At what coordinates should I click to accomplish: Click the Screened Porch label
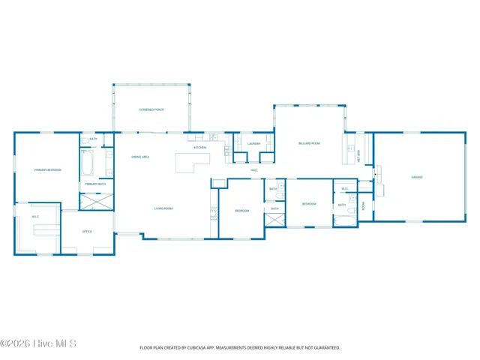(x=151, y=109)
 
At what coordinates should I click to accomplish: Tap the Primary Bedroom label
(x=47, y=170)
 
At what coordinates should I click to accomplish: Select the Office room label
(x=87, y=232)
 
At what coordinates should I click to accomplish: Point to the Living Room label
(x=163, y=208)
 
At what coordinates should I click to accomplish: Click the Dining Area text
(x=140, y=157)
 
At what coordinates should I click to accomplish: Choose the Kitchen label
(x=200, y=148)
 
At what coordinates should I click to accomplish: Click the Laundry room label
(x=253, y=143)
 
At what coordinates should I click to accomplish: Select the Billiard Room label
(x=309, y=142)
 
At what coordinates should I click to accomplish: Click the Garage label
(x=416, y=177)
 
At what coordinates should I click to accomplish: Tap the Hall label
(x=254, y=170)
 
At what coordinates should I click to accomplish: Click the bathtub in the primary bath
(x=87, y=162)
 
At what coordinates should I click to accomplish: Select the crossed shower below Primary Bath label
(x=97, y=200)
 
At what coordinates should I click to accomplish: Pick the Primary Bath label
(x=95, y=184)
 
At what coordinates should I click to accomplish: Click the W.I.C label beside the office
(x=34, y=217)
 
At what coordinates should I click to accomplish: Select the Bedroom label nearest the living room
(x=241, y=211)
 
